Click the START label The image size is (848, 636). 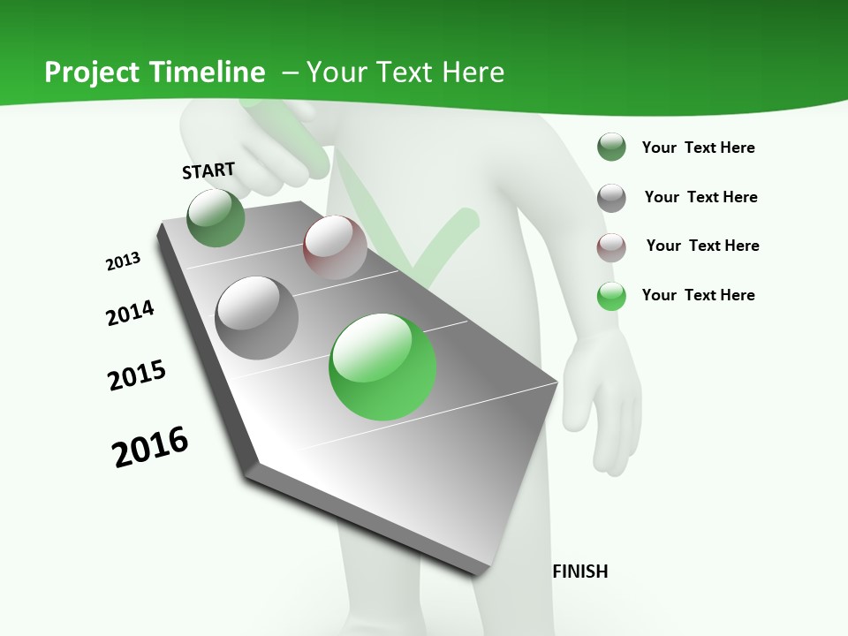(208, 170)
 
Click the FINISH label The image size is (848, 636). (579, 572)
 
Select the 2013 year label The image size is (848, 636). (123, 261)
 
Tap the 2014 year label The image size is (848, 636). (130, 313)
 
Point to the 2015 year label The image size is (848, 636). (137, 375)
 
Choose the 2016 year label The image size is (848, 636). (150, 447)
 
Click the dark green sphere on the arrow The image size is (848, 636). (216, 218)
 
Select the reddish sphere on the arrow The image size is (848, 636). (335, 247)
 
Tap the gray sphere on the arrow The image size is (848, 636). (256, 317)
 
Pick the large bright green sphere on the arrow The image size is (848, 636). (382, 367)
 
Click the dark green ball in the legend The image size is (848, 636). (611, 148)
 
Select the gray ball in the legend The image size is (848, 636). (611, 197)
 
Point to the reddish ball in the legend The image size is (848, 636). (611, 246)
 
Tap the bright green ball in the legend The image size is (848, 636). (611, 295)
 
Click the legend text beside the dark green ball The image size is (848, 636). (698, 148)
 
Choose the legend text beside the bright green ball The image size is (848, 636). (698, 295)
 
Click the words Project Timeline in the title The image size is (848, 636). (155, 72)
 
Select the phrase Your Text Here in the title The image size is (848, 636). (405, 72)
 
